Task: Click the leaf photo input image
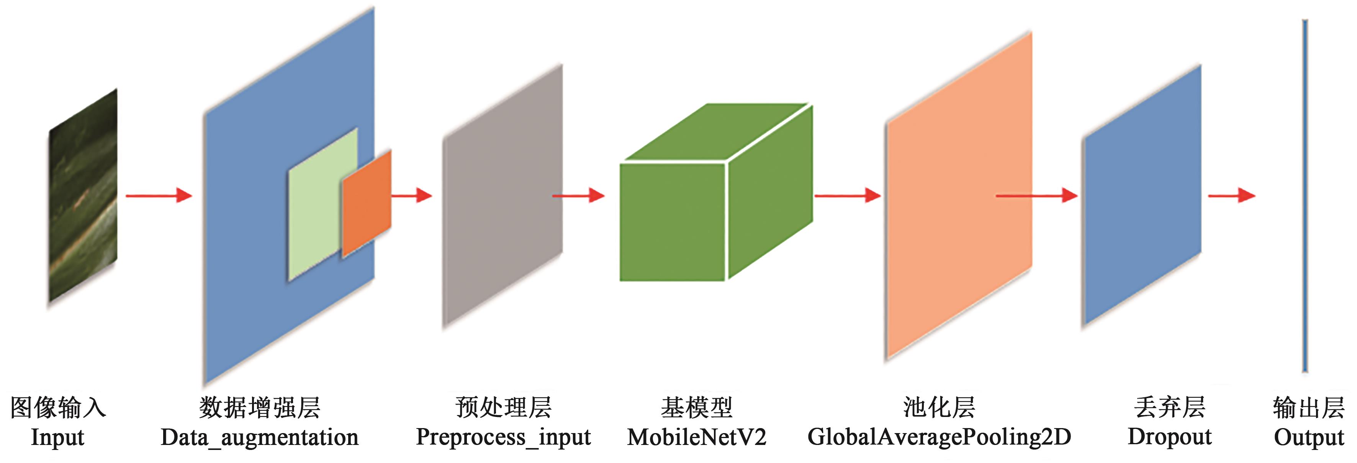point(83,196)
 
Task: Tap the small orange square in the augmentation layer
point(367,203)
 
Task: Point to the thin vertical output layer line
point(1305,196)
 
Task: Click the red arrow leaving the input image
point(159,196)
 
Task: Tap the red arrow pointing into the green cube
point(578,196)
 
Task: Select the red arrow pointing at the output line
point(1232,196)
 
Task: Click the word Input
point(57,438)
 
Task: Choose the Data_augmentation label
point(259,438)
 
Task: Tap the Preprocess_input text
point(503,438)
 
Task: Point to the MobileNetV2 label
point(696,438)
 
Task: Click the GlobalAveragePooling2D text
point(939,438)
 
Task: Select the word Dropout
point(1169,438)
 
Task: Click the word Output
point(1308,438)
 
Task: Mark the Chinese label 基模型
point(696,407)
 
